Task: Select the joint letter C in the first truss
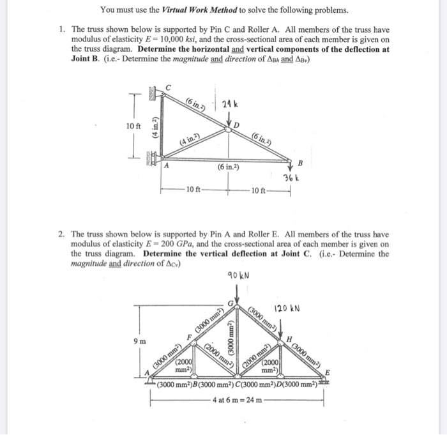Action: point(169,87)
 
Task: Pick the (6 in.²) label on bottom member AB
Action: point(229,167)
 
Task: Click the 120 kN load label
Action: point(287,309)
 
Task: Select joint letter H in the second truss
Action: point(290,338)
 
